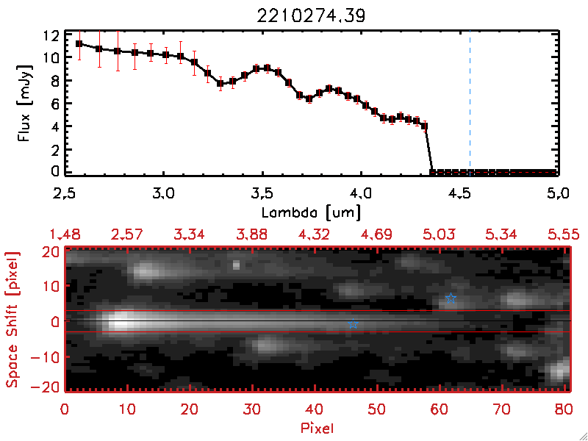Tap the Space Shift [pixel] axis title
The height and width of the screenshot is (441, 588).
tap(12, 319)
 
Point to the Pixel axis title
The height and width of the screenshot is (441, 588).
tap(316, 426)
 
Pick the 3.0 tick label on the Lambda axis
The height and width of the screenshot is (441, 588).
tap(163, 196)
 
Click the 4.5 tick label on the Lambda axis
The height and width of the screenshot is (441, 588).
tap(459, 196)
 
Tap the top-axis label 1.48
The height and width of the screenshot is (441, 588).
tap(65, 234)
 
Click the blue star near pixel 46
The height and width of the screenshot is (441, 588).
tap(353, 324)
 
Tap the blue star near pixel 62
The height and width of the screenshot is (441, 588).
tap(451, 298)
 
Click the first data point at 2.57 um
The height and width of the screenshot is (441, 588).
tap(79, 43)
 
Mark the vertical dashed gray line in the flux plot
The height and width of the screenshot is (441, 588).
tap(470, 103)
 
